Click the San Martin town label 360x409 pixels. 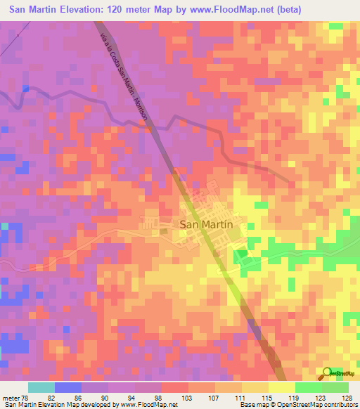click(x=206, y=225)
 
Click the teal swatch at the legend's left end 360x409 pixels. click(x=41, y=387)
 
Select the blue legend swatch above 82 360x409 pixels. click(x=68, y=387)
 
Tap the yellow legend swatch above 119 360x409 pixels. click(x=282, y=387)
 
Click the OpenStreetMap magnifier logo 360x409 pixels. click(x=328, y=372)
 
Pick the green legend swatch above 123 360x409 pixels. click(x=309, y=387)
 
